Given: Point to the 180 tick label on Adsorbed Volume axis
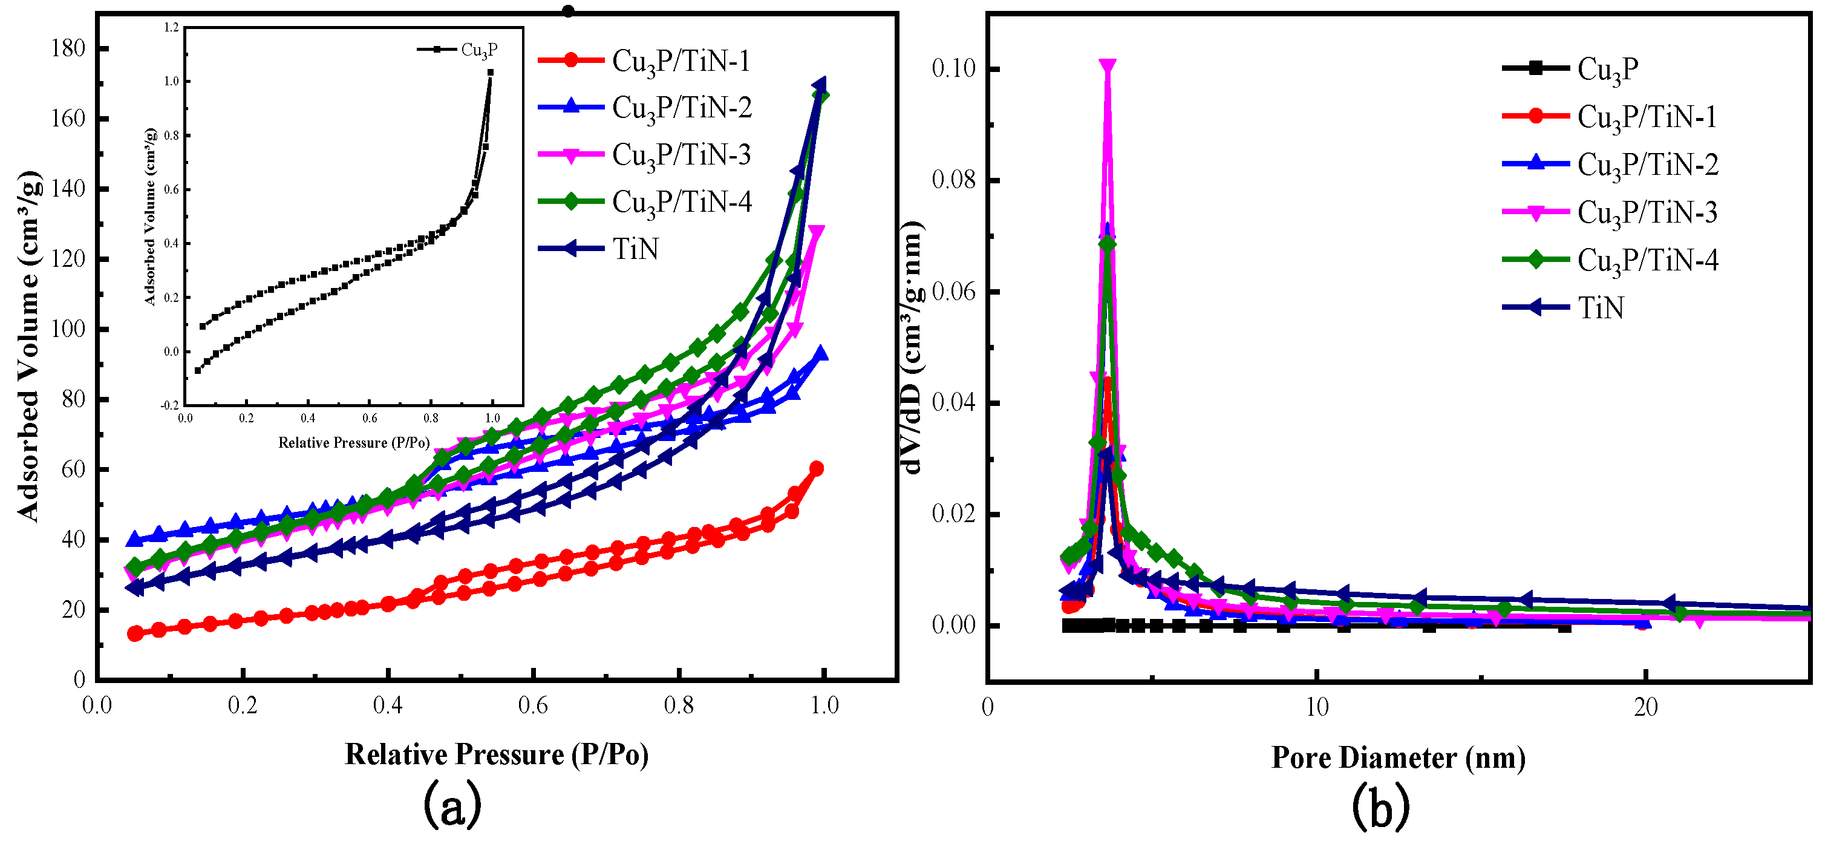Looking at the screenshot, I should tap(68, 48).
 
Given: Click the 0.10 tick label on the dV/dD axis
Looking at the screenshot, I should tap(953, 69).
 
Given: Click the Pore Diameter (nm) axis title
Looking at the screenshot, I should tap(1398, 757).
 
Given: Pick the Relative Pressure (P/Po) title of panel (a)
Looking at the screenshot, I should tap(497, 754).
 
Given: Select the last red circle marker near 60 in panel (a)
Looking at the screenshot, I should tap(816, 469).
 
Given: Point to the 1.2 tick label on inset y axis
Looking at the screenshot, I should tap(171, 28).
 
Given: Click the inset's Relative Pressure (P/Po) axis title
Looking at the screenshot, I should tap(353, 443).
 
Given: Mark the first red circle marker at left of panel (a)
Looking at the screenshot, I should tap(135, 633).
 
